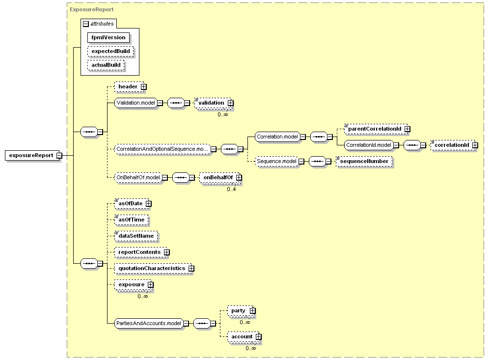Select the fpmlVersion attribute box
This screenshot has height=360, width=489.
coord(108,37)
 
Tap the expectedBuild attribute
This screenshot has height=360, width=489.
coord(110,51)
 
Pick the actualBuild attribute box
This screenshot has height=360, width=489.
coord(106,65)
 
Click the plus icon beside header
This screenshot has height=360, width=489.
coord(143,87)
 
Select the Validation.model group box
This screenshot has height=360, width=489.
coord(136,103)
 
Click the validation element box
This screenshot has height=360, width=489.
coord(214,103)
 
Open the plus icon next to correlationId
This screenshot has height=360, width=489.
coord(475,145)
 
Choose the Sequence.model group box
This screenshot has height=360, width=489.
coord(276,161)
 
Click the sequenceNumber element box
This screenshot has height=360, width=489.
coord(364,161)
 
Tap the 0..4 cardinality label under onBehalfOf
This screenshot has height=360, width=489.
coord(231,190)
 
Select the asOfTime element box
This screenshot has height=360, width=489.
coord(131,220)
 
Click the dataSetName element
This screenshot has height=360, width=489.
coord(136,236)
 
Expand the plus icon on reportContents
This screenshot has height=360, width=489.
coord(167,252)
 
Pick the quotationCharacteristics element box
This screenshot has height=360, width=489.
coord(154,268)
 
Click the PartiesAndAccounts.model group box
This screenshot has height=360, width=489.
coord(149,324)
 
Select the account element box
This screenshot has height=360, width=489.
coord(244,336)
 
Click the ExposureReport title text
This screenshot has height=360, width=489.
coord(92,9)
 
